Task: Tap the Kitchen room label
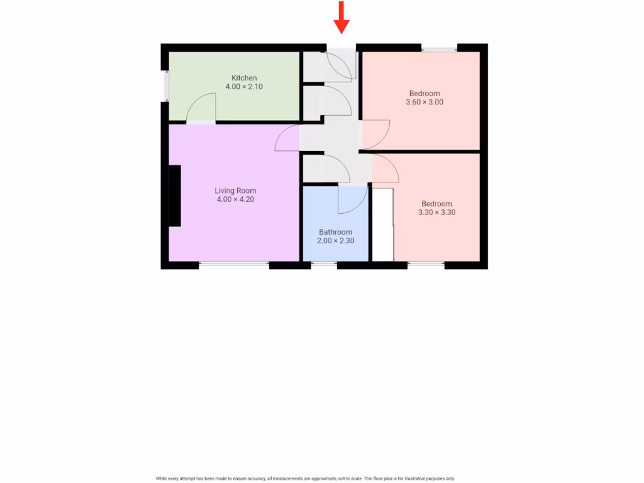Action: tap(244, 78)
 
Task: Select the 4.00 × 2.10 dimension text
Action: tap(244, 87)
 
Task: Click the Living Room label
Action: tap(235, 191)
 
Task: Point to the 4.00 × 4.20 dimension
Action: tap(235, 199)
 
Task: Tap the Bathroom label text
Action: tap(335, 232)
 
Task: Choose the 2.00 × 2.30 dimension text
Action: tap(335, 241)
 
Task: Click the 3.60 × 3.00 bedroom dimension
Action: tap(424, 102)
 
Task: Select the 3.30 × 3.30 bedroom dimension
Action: tap(436, 213)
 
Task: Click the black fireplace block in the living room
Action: tap(174, 196)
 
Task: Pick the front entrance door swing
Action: tap(340, 65)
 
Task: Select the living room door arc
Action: tap(287, 138)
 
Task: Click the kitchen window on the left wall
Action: tap(165, 86)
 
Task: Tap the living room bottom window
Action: tap(234, 265)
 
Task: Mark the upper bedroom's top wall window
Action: tap(439, 48)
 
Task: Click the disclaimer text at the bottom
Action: tap(305, 479)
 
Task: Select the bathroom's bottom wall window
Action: tap(324, 265)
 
